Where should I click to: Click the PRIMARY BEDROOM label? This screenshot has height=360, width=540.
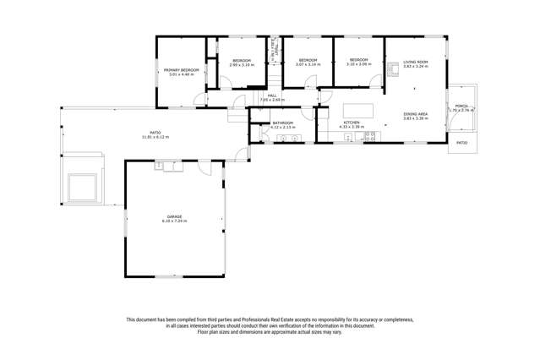[x=182, y=69]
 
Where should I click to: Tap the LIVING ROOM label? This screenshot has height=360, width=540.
[x=414, y=62]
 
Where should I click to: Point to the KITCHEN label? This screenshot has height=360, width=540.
[x=351, y=123]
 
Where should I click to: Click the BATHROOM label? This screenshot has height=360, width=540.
[x=281, y=123]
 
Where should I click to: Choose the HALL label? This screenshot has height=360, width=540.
[x=272, y=95]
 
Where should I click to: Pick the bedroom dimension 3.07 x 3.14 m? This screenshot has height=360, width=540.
[x=307, y=64]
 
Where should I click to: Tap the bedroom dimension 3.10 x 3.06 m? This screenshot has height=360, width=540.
[x=358, y=64]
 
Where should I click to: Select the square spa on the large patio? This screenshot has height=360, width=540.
[x=82, y=186]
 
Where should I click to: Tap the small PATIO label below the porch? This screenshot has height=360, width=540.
[x=461, y=143]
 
